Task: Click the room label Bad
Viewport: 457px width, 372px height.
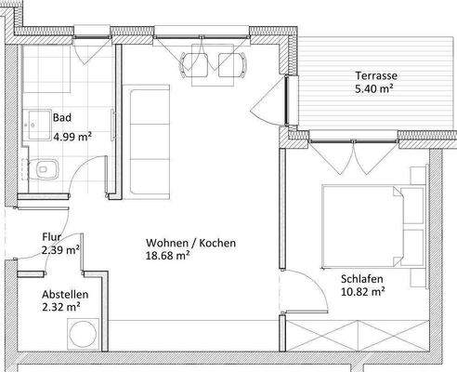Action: coord(62,118)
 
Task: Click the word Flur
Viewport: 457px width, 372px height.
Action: coord(52,236)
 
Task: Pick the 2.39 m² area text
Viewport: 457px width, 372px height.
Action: coord(60,249)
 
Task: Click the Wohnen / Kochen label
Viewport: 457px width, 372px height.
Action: coord(190,243)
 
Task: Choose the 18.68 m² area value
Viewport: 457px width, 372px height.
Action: coord(168,256)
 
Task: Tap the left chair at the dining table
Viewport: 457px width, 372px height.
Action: coord(195,63)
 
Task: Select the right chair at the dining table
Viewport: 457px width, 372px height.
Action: coord(229,63)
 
